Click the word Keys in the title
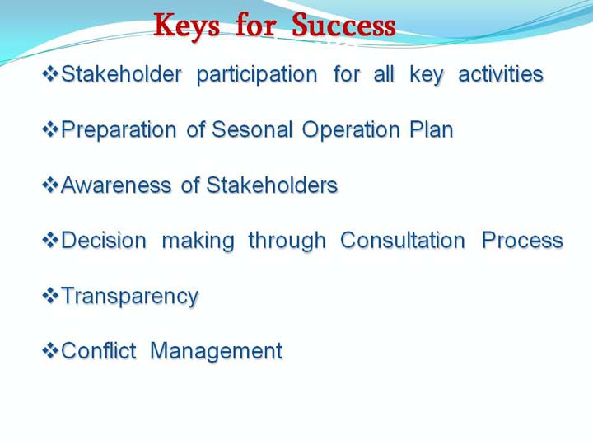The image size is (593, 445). (x=187, y=26)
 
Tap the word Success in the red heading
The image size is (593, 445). (x=343, y=25)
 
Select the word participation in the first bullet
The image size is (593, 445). (x=257, y=75)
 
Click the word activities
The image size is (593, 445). (x=501, y=74)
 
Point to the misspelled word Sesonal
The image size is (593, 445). (x=252, y=129)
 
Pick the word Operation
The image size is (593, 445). (x=351, y=130)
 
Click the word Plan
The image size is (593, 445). (x=432, y=129)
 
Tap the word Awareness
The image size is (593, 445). (x=116, y=185)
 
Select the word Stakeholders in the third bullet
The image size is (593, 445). (x=272, y=185)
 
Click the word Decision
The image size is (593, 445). (x=104, y=240)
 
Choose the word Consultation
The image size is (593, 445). (x=403, y=240)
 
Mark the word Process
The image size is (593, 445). (x=522, y=240)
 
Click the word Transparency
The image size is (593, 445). (x=130, y=297)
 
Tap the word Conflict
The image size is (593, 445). (x=98, y=350)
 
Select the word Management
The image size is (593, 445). (x=216, y=352)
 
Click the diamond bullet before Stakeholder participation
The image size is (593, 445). (x=50, y=74)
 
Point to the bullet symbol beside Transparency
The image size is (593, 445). (x=50, y=296)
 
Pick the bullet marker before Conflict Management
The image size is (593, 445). (x=50, y=351)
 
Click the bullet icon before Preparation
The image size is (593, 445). (x=50, y=129)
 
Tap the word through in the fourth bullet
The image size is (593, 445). (x=287, y=241)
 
